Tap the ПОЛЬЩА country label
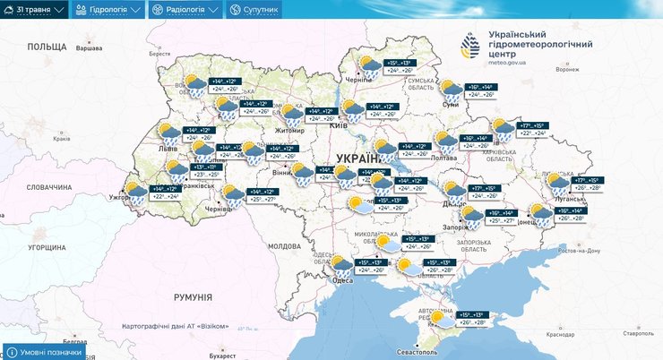click(x=47, y=46)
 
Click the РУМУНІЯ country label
click(x=193, y=296)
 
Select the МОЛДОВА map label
click(x=285, y=245)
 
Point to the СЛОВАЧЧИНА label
click(x=48, y=187)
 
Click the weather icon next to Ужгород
click(x=136, y=192)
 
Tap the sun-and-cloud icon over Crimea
click(x=441, y=318)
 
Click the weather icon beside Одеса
click(x=341, y=266)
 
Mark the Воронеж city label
click(x=567, y=69)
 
